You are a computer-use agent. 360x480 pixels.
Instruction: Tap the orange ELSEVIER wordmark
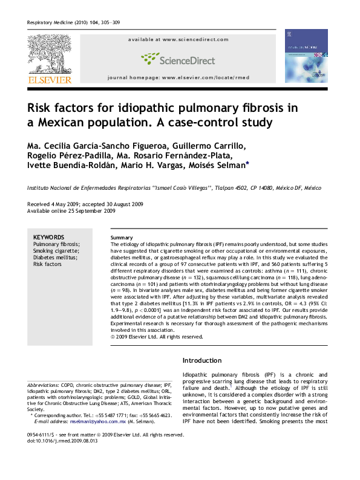point(48,80)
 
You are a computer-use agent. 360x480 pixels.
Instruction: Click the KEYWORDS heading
point(49,237)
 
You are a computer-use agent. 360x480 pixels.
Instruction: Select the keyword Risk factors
point(47,264)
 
